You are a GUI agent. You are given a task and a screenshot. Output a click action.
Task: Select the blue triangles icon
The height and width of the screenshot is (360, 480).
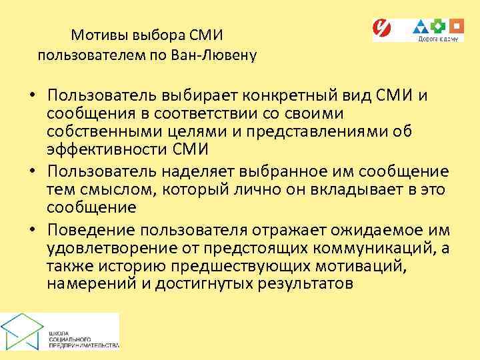click(421, 27)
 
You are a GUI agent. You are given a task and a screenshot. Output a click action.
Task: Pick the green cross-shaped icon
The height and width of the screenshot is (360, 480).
click(439, 27)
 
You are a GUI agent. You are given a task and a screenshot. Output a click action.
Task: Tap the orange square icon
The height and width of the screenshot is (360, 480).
click(456, 27)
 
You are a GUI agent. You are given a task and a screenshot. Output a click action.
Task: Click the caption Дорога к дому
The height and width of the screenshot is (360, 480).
click(437, 39)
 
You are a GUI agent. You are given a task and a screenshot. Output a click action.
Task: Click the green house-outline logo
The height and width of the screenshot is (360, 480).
click(23, 330)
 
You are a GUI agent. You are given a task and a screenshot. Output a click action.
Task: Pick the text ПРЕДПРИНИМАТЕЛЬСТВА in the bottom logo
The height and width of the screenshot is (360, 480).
click(83, 345)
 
